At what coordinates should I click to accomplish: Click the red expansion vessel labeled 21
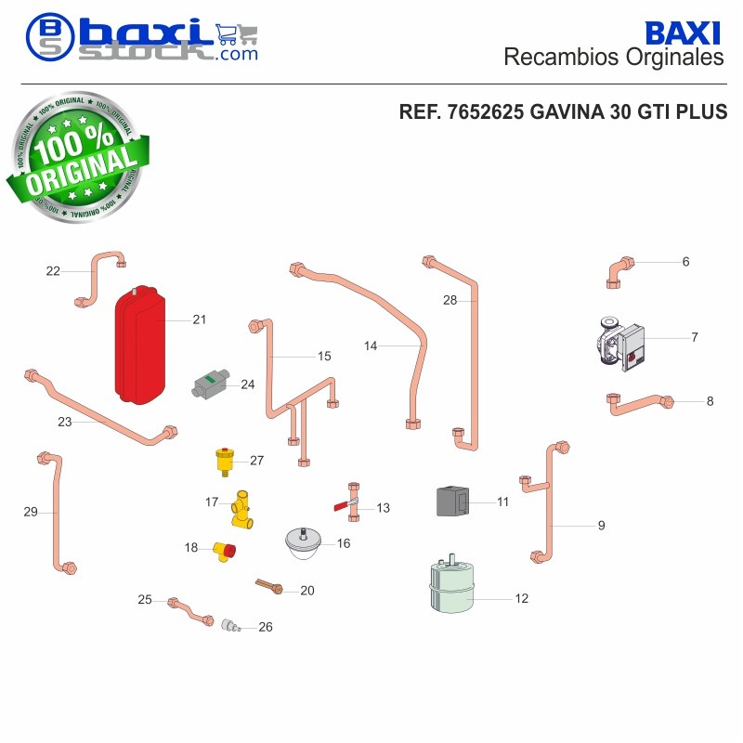[x=140, y=345]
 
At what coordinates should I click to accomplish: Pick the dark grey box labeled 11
[x=452, y=502]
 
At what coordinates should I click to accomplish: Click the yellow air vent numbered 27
[x=225, y=461]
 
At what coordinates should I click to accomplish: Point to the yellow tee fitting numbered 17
[x=242, y=509]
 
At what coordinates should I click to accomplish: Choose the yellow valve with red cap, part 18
[x=224, y=552]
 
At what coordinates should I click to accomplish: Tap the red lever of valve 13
[x=342, y=506]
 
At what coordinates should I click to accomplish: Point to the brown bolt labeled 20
[x=269, y=586]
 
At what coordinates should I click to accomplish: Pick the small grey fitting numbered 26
[x=230, y=625]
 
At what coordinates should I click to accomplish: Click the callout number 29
[x=31, y=512]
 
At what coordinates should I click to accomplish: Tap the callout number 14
[x=371, y=345]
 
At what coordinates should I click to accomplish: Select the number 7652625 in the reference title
[x=485, y=111]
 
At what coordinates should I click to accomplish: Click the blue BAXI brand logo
[x=683, y=33]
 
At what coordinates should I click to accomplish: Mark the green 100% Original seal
[x=77, y=157]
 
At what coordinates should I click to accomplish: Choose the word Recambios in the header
[x=561, y=58]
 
